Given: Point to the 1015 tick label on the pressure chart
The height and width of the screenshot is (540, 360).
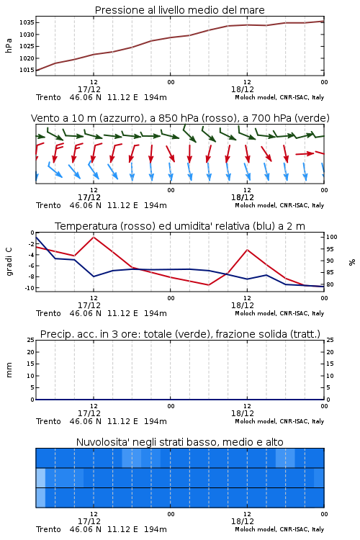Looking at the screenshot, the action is pyautogui.click(x=26, y=71).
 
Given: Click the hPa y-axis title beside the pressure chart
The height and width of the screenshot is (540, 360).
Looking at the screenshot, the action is pyautogui.click(x=9, y=46).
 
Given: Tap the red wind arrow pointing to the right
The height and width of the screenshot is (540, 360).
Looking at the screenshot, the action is pyautogui.click(x=305, y=153).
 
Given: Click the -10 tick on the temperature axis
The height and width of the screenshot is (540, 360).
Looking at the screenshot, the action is pyautogui.click(x=30, y=288).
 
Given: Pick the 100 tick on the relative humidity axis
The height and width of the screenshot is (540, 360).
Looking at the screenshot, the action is pyautogui.click(x=331, y=237).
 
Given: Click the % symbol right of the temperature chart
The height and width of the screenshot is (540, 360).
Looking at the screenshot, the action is pyautogui.click(x=352, y=262).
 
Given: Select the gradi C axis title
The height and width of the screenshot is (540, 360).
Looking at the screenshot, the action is pyautogui.click(x=9, y=261).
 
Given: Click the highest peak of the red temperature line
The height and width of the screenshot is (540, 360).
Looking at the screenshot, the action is pyautogui.click(x=94, y=237).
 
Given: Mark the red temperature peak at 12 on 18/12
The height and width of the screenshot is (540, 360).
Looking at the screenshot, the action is pyautogui.click(x=247, y=249).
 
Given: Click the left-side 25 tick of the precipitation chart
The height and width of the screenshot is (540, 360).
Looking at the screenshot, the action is pyautogui.click(x=31, y=341).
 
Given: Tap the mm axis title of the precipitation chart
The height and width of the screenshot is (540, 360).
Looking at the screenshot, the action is pyautogui.click(x=9, y=370).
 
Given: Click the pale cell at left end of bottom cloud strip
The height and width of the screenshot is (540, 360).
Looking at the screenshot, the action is pyautogui.click(x=40, y=498).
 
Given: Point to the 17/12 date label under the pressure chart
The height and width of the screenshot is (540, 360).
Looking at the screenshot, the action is pyautogui.click(x=89, y=89).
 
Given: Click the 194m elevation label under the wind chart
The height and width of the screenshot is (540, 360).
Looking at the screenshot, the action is pyautogui.click(x=156, y=206).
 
